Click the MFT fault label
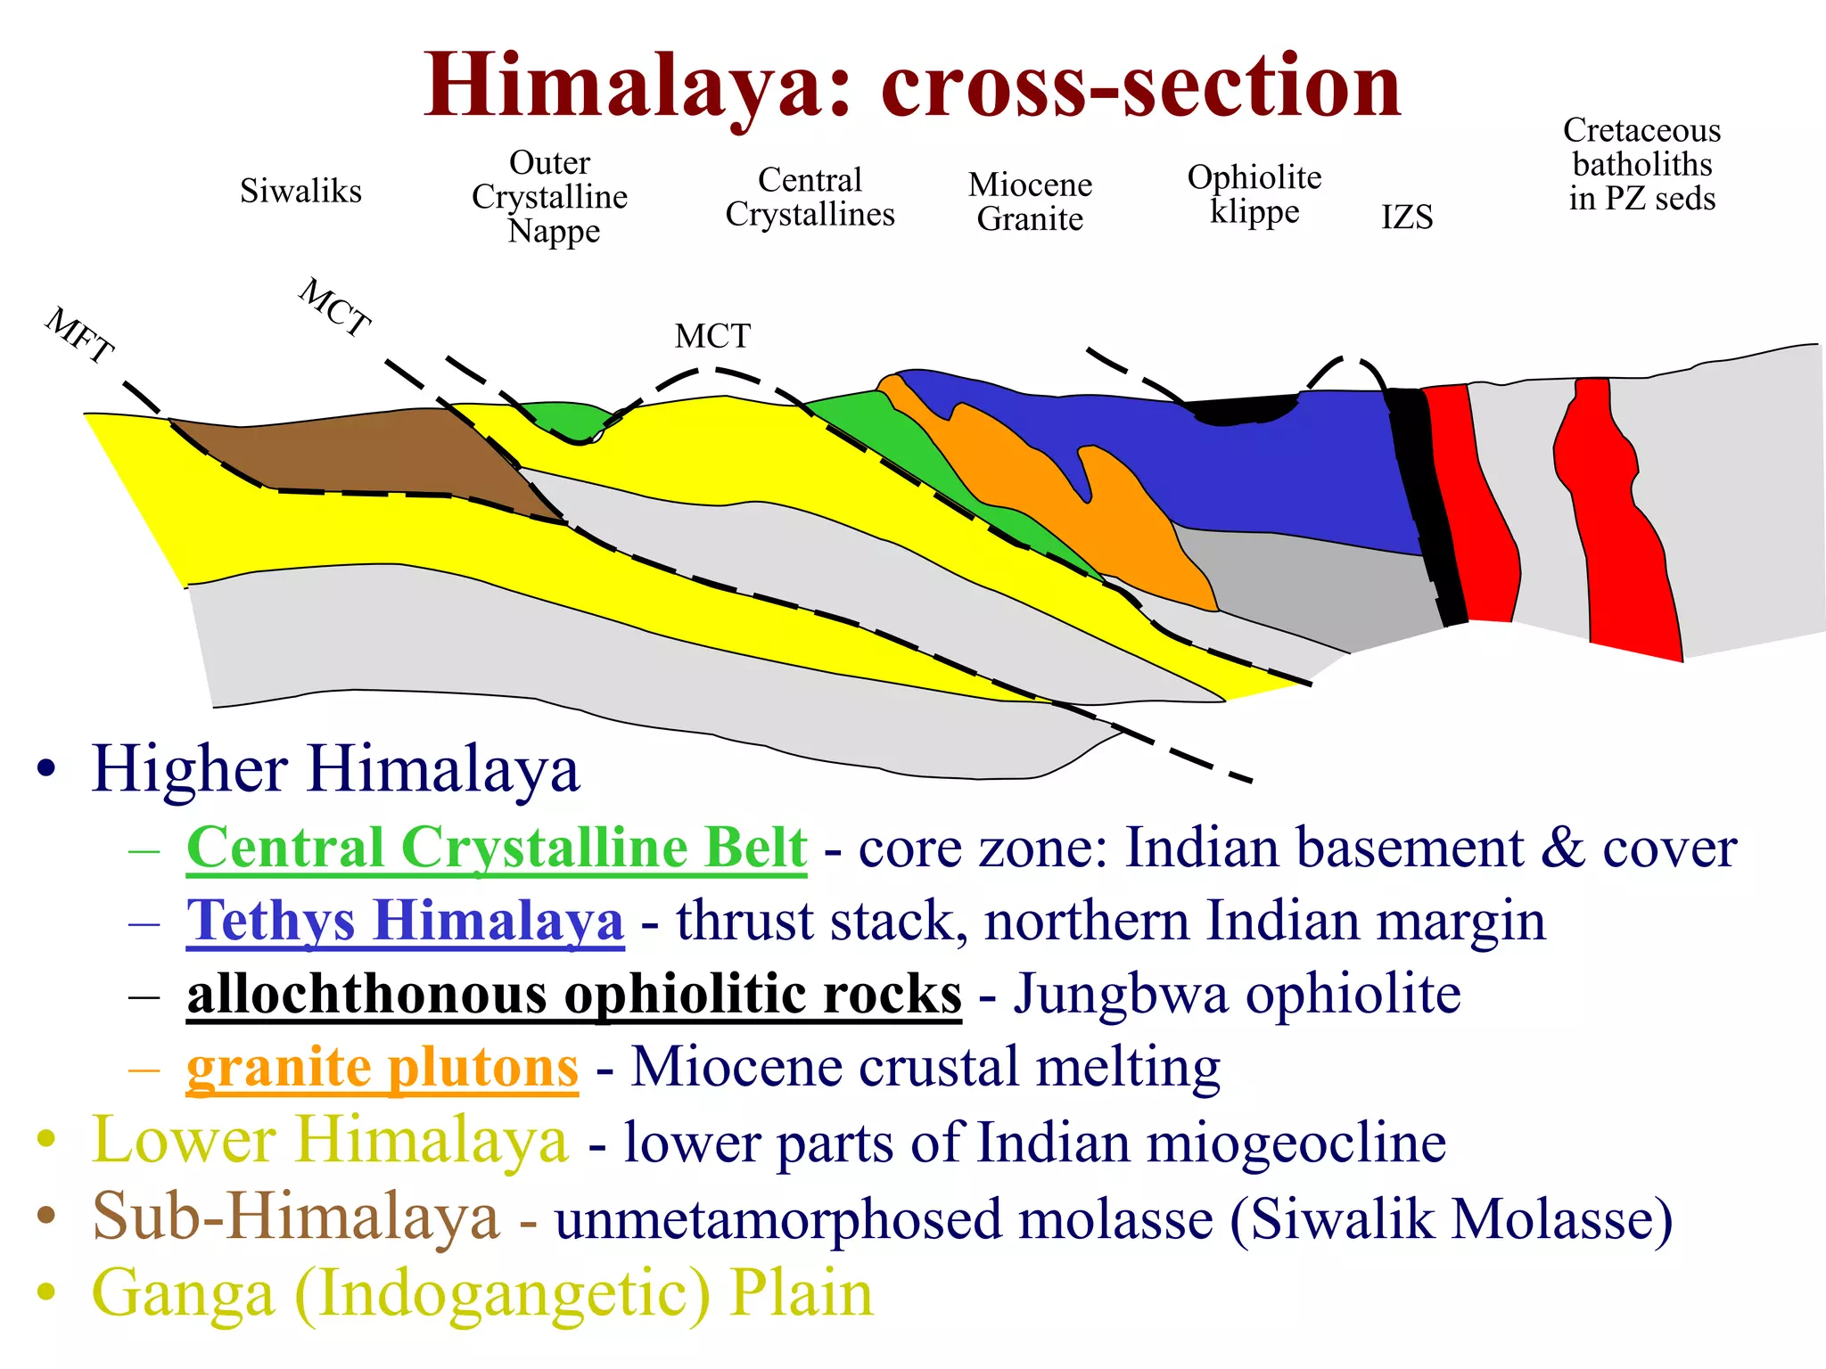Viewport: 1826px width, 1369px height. [x=79, y=335]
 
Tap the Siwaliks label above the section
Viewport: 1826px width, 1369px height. [x=300, y=191]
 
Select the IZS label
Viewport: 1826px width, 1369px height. [x=1407, y=217]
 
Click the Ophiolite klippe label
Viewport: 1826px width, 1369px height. [x=1254, y=193]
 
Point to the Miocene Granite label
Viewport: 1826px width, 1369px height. [x=1030, y=201]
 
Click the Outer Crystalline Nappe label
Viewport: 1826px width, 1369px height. [x=550, y=197]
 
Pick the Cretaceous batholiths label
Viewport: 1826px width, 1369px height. [x=1641, y=164]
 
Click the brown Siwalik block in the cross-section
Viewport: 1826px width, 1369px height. [x=374, y=455]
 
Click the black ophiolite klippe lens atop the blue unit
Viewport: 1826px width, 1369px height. [x=1244, y=409]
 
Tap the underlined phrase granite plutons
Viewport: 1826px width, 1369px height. [x=382, y=1067]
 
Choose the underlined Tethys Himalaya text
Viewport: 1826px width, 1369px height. [x=405, y=921]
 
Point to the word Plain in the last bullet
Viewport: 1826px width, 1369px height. [x=801, y=1293]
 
